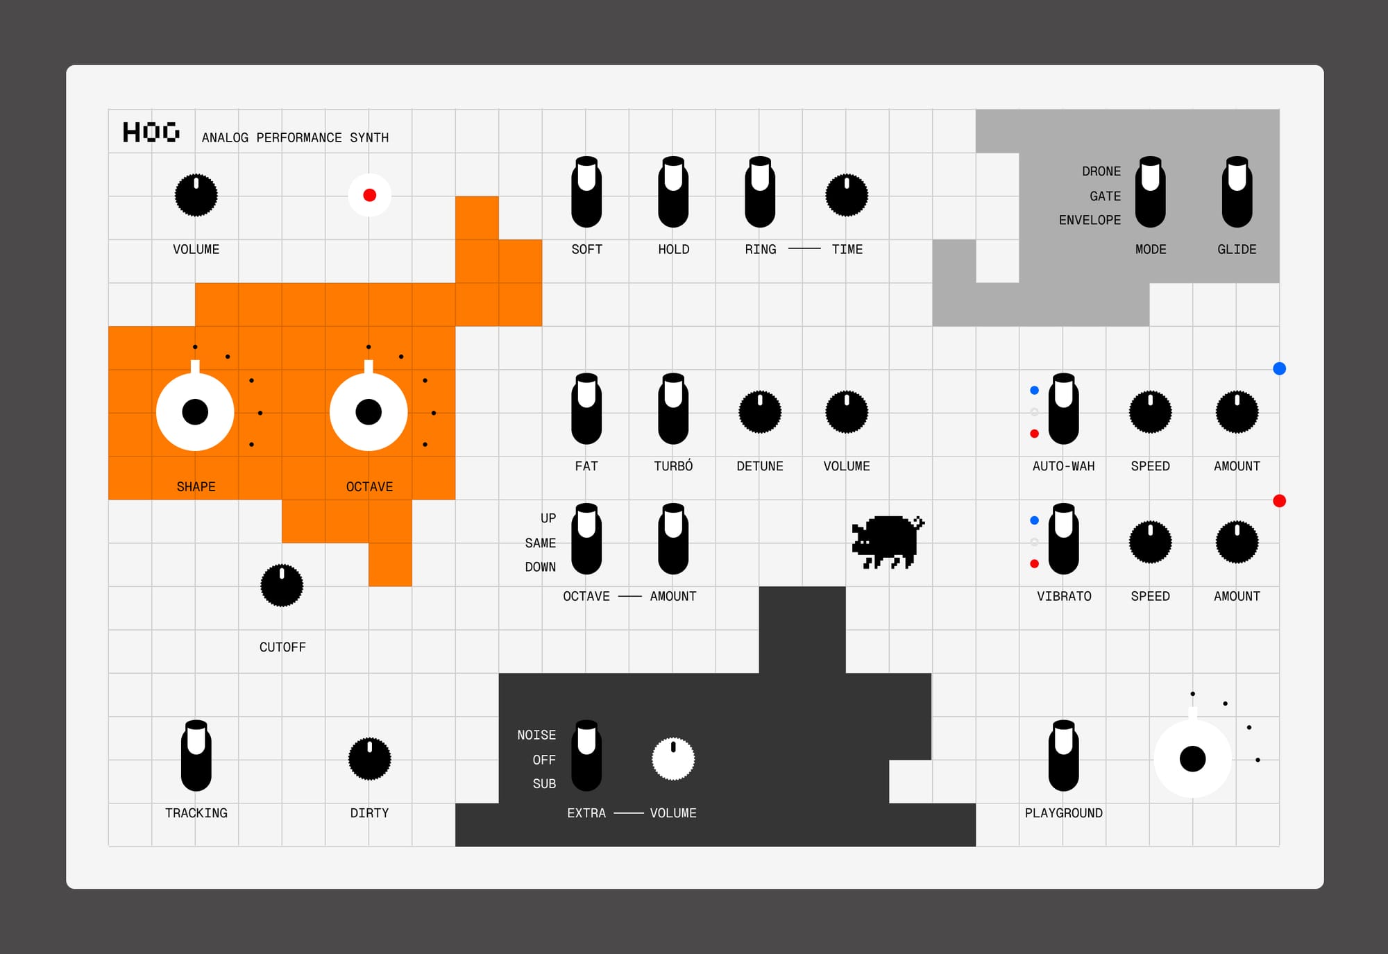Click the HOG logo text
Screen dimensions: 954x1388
click(x=151, y=132)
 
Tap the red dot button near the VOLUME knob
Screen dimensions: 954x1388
click(x=369, y=195)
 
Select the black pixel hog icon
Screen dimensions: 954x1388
click(x=888, y=542)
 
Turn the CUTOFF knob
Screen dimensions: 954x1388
click(x=282, y=586)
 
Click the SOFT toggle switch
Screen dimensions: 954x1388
click(x=586, y=192)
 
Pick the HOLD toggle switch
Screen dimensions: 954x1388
click(x=673, y=192)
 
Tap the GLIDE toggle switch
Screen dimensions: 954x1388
click(x=1237, y=192)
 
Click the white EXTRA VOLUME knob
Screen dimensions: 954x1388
click(x=673, y=758)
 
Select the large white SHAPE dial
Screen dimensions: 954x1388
click(x=195, y=411)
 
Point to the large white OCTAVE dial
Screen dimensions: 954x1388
click(x=369, y=411)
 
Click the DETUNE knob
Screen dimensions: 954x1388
click(x=760, y=411)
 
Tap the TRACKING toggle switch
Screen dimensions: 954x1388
click(x=196, y=756)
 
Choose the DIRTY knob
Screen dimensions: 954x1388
click(x=369, y=758)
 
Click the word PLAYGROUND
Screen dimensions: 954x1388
click(x=1063, y=812)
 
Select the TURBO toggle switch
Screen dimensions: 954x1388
click(x=673, y=409)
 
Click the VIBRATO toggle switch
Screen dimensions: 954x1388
click(x=1063, y=539)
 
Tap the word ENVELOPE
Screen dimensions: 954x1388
click(x=1090, y=220)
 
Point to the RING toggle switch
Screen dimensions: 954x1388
click(x=760, y=192)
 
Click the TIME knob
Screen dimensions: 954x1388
click(x=847, y=195)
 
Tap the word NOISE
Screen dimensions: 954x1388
click(x=536, y=735)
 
